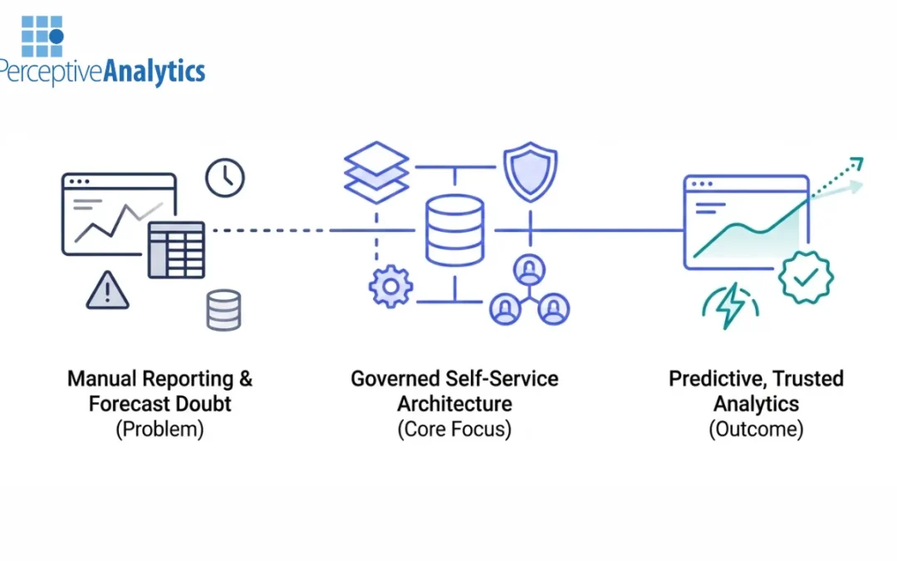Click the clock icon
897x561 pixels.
point(224,179)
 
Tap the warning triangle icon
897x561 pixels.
point(107,290)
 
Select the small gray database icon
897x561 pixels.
point(223,310)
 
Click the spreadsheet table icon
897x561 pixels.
point(176,249)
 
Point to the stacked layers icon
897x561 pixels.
point(376,173)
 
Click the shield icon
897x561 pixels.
point(530,173)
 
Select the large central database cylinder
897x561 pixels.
point(453,230)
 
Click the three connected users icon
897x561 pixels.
point(528,291)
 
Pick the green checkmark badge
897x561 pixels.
point(805,277)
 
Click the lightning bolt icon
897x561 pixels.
point(729,307)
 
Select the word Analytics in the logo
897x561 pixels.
point(154,71)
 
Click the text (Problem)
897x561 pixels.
point(159,430)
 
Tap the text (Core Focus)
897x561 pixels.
point(453,430)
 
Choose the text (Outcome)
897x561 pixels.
point(755,430)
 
